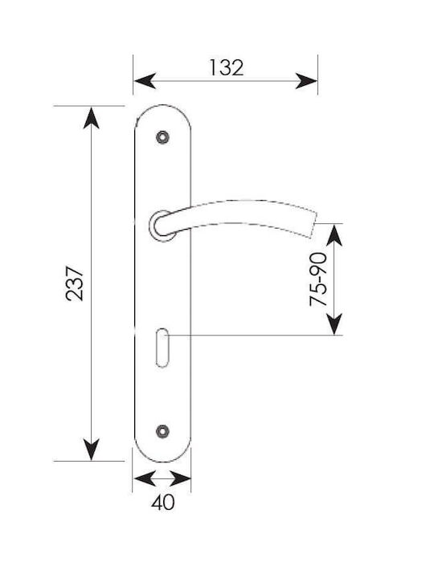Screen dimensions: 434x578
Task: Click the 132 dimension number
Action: point(227,67)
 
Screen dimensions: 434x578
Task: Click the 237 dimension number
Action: point(75,283)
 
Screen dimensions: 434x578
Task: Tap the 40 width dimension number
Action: point(162,502)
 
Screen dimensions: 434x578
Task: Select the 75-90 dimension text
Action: point(318,279)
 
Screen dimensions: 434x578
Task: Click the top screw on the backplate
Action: point(162,137)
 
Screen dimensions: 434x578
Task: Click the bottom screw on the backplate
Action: point(162,431)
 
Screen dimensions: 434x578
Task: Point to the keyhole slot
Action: point(162,348)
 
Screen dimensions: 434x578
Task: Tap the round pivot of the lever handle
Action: point(161,226)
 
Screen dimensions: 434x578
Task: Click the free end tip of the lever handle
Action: point(313,225)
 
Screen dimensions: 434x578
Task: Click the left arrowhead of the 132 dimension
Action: point(145,81)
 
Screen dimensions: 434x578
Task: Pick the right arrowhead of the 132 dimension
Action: point(306,81)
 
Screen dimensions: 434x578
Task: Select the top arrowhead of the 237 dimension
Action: point(91,118)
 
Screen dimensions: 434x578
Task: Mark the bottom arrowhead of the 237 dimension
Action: point(91,450)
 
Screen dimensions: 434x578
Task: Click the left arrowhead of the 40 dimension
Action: point(144,478)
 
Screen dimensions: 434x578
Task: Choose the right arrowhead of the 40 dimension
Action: point(180,478)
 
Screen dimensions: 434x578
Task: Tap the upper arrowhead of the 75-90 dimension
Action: point(334,234)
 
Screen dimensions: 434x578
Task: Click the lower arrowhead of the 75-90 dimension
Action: point(334,324)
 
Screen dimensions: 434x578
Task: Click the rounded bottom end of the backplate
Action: point(162,462)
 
